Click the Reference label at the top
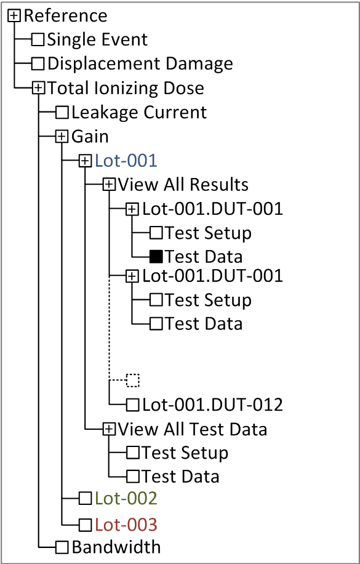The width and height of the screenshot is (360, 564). [x=65, y=16]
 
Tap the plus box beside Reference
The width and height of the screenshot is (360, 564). [x=14, y=16]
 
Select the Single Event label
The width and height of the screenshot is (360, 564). [x=97, y=39]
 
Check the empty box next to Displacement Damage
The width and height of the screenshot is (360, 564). [x=38, y=63]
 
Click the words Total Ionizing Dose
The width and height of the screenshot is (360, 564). [x=126, y=88]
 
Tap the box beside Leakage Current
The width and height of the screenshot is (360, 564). [x=62, y=112]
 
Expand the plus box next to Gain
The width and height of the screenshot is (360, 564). [x=62, y=136]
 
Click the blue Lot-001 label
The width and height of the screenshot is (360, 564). [x=126, y=161]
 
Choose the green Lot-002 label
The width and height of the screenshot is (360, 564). [x=126, y=499]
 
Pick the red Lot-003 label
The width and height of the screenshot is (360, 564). [x=126, y=525]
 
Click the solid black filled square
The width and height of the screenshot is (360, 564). [x=156, y=257]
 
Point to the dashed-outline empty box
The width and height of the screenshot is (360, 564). [x=132, y=380]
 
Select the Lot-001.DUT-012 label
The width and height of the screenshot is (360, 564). [x=212, y=405]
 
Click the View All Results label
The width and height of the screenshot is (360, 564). [x=183, y=185]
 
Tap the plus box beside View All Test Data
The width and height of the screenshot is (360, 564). [x=108, y=429]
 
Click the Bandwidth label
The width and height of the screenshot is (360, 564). [x=116, y=547]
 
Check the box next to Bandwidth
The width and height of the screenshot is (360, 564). [x=62, y=548]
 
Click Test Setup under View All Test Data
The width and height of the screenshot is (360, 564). [x=185, y=453]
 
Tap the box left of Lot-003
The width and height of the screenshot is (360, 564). [x=86, y=525]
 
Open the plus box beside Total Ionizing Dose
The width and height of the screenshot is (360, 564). [x=38, y=88]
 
